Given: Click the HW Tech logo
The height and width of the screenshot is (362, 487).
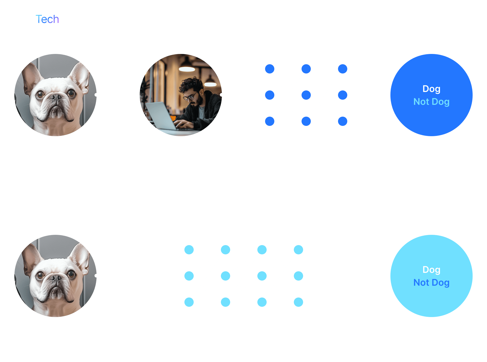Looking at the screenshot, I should [36, 19].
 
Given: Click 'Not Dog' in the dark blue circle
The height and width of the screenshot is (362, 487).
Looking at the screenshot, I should [431, 102].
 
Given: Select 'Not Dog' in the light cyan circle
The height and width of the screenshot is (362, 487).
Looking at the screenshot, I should [431, 283].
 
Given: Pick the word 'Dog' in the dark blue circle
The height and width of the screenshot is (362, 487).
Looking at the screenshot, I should [431, 89].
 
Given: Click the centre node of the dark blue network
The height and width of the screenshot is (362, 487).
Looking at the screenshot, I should [306, 95].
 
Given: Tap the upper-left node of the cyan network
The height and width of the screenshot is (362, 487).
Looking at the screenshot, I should [189, 249].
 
